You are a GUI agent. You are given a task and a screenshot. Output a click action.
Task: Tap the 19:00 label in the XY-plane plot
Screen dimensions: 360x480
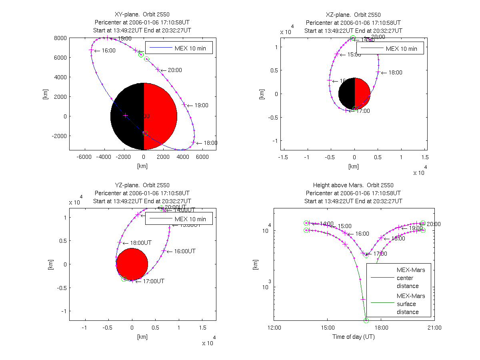point(201,106)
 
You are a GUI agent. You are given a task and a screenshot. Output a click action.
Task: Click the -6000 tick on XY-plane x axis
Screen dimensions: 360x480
point(84,157)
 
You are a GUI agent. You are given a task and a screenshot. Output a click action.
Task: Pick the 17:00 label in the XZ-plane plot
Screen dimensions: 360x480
point(363,111)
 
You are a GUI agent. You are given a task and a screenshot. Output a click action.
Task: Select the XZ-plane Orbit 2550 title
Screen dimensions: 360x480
point(353,15)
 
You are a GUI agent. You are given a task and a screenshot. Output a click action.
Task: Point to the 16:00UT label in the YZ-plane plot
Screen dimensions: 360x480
point(184,251)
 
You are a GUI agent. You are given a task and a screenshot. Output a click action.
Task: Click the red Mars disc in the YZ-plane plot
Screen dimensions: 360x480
point(132,264)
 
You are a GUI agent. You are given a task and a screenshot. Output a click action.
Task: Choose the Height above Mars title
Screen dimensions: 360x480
point(353,185)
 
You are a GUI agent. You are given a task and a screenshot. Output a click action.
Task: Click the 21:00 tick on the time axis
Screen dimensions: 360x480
point(434,328)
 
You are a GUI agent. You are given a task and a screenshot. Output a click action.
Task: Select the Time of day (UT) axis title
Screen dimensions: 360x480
point(354,337)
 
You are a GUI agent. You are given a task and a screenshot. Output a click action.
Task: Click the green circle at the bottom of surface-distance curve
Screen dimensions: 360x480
point(366,320)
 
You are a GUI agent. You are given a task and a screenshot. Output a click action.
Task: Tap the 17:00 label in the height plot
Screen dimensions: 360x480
point(380,254)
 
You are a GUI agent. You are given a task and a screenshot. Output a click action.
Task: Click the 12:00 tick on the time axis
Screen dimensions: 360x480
point(274,328)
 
